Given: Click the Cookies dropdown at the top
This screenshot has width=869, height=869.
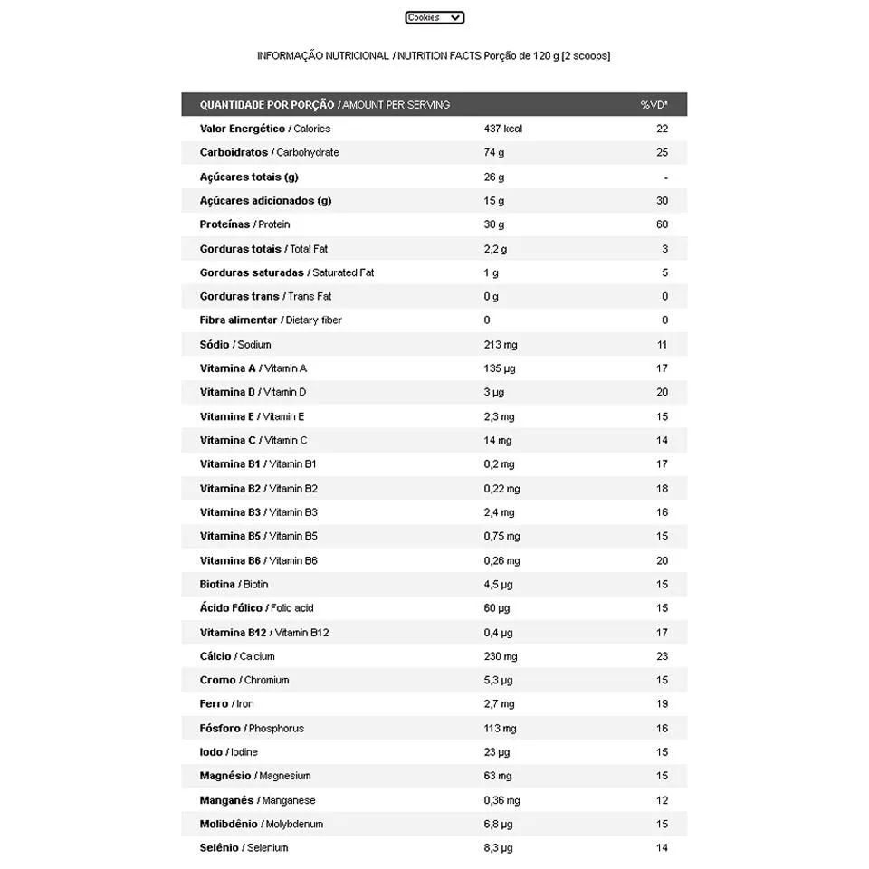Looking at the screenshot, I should [x=434, y=17].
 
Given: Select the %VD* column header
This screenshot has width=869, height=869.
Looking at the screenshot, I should [x=654, y=105].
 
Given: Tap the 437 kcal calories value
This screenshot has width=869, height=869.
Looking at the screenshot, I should [x=502, y=129].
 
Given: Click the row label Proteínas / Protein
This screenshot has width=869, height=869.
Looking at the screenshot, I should [x=244, y=224].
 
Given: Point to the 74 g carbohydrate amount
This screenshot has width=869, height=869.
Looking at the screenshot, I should [x=493, y=152].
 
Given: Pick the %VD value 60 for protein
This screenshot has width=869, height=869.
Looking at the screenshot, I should [x=662, y=224].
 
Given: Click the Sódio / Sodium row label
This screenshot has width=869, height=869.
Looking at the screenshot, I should [x=235, y=344].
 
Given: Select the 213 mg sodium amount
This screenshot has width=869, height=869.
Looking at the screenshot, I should [x=500, y=344].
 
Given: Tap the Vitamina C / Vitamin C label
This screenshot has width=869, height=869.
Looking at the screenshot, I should [x=253, y=440].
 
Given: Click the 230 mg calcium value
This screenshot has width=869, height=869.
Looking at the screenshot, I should [x=501, y=656].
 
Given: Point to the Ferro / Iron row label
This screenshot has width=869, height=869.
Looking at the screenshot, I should [x=226, y=703].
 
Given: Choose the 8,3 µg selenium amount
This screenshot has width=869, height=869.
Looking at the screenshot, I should [x=498, y=848].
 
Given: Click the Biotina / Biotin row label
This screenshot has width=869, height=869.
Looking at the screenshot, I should [x=234, y=584].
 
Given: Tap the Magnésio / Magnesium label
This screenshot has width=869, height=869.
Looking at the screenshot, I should [x=254, y=776].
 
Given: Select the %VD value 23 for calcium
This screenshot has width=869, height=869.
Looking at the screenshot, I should [x=662, y=656].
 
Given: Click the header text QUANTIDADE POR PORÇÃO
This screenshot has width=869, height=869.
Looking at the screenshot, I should [x=266, y=105].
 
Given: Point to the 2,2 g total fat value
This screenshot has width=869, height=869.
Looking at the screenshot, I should [x=495, y=248].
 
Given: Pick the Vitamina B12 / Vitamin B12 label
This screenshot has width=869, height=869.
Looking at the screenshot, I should [x=263, y=632].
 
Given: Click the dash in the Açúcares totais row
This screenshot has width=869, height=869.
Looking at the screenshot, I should [x=665, y=177].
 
